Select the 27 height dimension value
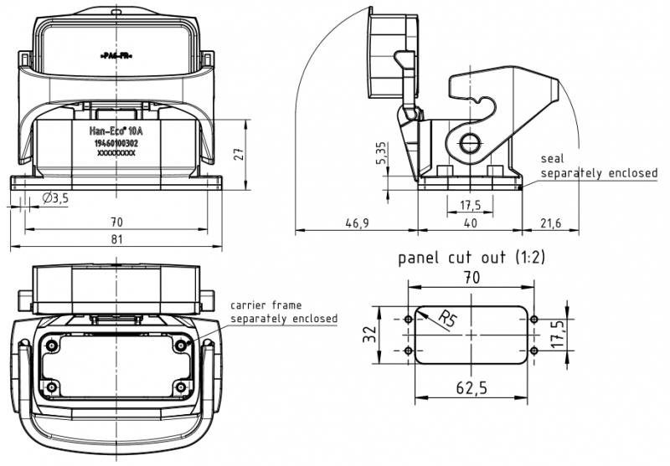[x=237, y=154]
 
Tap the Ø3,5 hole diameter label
[x=55, y=198]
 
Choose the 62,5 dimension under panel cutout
[x=470, y=388]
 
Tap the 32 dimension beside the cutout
[x=368, y=335]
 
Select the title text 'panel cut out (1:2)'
[x=471, y=258]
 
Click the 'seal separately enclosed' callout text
[x=598, y=166]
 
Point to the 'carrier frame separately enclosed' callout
[x=284, y=312]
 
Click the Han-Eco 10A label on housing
[x=117, y=131]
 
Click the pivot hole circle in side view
[x=469, y=141]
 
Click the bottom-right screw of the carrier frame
[x=182, y=388]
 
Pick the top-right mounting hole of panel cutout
[x=533, y=320]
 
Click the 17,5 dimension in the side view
[x=470, y=205]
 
